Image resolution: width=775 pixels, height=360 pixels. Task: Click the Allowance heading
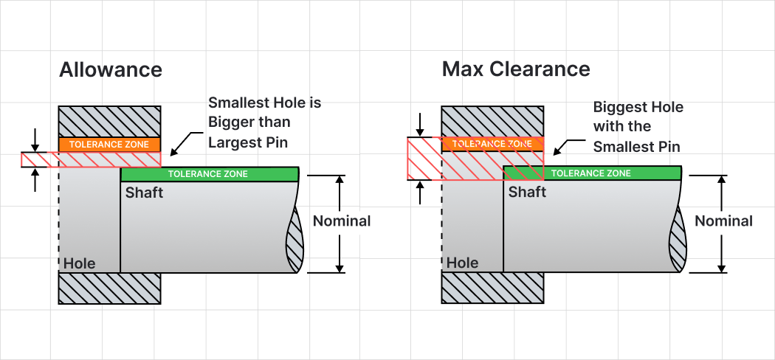coord(110,70)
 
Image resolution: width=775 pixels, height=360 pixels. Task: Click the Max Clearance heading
coord(516,70)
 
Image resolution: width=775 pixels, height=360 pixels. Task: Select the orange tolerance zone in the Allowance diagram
coord(109,145)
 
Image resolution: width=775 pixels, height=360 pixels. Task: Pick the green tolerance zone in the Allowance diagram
coord(209,174)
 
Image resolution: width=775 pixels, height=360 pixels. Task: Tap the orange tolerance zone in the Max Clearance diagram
coord(492,144)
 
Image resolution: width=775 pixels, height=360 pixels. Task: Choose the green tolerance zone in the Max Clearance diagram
coord(591,173)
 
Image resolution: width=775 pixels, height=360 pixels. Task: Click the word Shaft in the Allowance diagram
coord(144,193)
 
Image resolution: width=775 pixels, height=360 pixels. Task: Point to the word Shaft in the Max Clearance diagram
coord(527,192)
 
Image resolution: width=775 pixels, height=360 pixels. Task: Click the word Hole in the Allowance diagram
coord(80,263)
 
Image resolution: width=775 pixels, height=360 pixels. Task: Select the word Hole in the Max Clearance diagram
coord(463,263)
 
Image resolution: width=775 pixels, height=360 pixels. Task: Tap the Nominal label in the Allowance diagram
coord(342,221)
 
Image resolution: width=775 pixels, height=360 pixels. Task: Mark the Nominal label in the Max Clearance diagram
coord(724,221)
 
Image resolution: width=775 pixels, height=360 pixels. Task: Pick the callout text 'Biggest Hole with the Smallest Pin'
coord(638,127)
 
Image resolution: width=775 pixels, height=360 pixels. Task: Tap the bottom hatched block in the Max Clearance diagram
coord(492,288)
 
